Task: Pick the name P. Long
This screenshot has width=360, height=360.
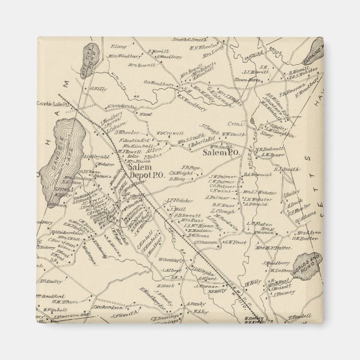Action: [117, 46]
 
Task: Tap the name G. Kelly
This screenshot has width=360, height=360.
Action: [98, 88]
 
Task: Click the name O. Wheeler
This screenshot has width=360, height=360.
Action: [127, 132]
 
